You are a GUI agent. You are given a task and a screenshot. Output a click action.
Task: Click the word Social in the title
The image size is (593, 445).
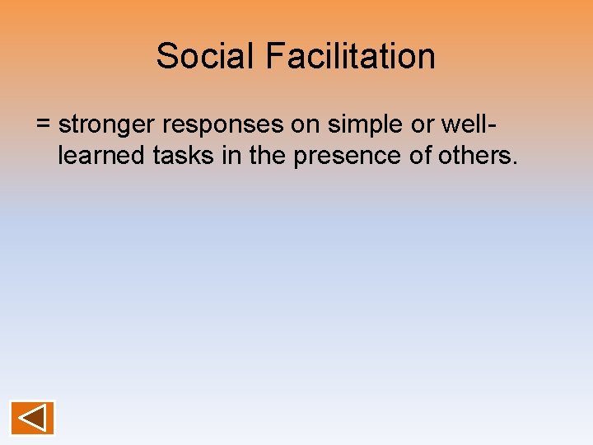pyautogui.click(x=206, y=56)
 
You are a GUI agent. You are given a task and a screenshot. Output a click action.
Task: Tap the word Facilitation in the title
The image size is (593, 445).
pyautogui.click(x=350, y=56)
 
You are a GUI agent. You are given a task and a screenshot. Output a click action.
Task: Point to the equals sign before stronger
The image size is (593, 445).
pyautogui.click(x=44, y=125)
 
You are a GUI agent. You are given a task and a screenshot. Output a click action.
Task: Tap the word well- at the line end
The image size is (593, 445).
pyautogui.click(x=469, y=124)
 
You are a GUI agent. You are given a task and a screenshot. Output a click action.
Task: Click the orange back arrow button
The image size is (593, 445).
pyautogui.click(x=32, y=418)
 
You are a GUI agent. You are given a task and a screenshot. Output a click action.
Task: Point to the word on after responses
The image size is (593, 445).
pyautogui.click(x=312, y=124)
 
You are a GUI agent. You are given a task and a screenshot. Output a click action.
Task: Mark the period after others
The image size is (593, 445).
pyautogui.click(x=516, y=162)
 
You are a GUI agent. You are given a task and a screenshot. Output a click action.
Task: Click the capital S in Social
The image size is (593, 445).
pyautogui.click(x=166, y=56)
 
